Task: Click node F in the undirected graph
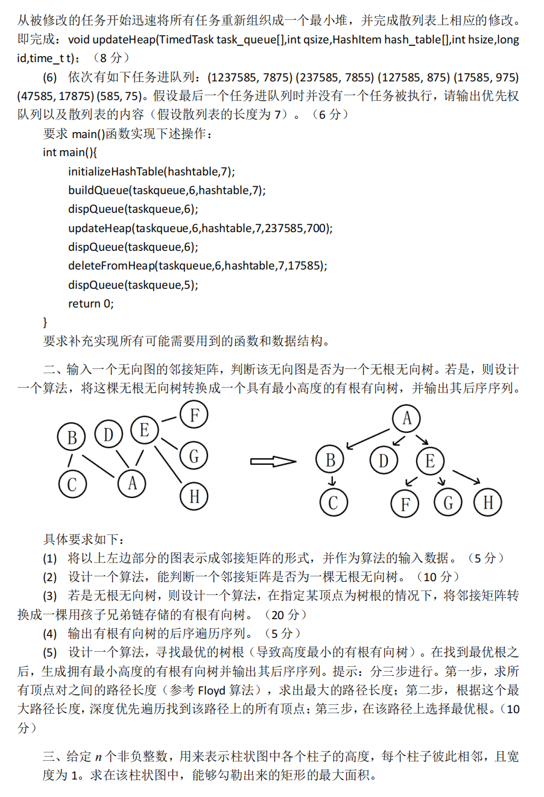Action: point(194,415)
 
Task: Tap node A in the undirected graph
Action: point(132,483)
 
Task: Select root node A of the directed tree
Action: point(406,418)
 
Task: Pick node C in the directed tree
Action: point(333,502)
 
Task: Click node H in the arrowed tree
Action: point(488,502)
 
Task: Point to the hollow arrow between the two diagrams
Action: point(273,462)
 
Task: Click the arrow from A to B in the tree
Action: point(368,438)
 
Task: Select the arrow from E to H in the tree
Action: point(466,477)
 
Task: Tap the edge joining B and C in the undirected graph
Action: point(71,461)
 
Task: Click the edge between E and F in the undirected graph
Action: point(169,420)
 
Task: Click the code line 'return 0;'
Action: point(90,304)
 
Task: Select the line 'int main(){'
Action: point(70,153)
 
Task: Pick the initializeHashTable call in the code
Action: point(151,172)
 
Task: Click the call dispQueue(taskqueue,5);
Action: point(133,285)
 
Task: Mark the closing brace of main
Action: point(45,322)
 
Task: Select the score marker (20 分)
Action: point(285,615)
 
